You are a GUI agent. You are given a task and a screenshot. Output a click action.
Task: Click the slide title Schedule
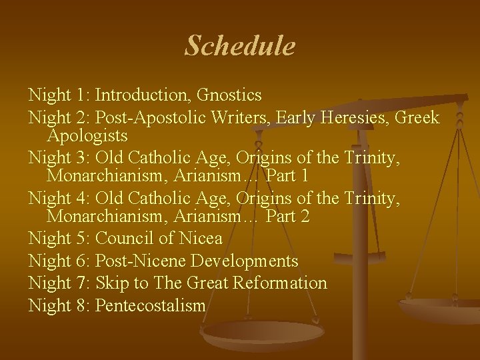pos(239,46)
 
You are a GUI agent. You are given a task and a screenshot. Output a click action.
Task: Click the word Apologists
pos(87,137)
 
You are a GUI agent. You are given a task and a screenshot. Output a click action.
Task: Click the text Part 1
pos(287,177)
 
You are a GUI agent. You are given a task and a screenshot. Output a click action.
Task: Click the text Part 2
pos(287,217)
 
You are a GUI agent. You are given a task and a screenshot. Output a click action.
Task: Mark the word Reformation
pos(279,283)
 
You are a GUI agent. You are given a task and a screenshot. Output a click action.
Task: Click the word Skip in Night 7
pos(112,283)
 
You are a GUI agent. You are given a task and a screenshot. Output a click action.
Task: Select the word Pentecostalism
pos(151,305)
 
